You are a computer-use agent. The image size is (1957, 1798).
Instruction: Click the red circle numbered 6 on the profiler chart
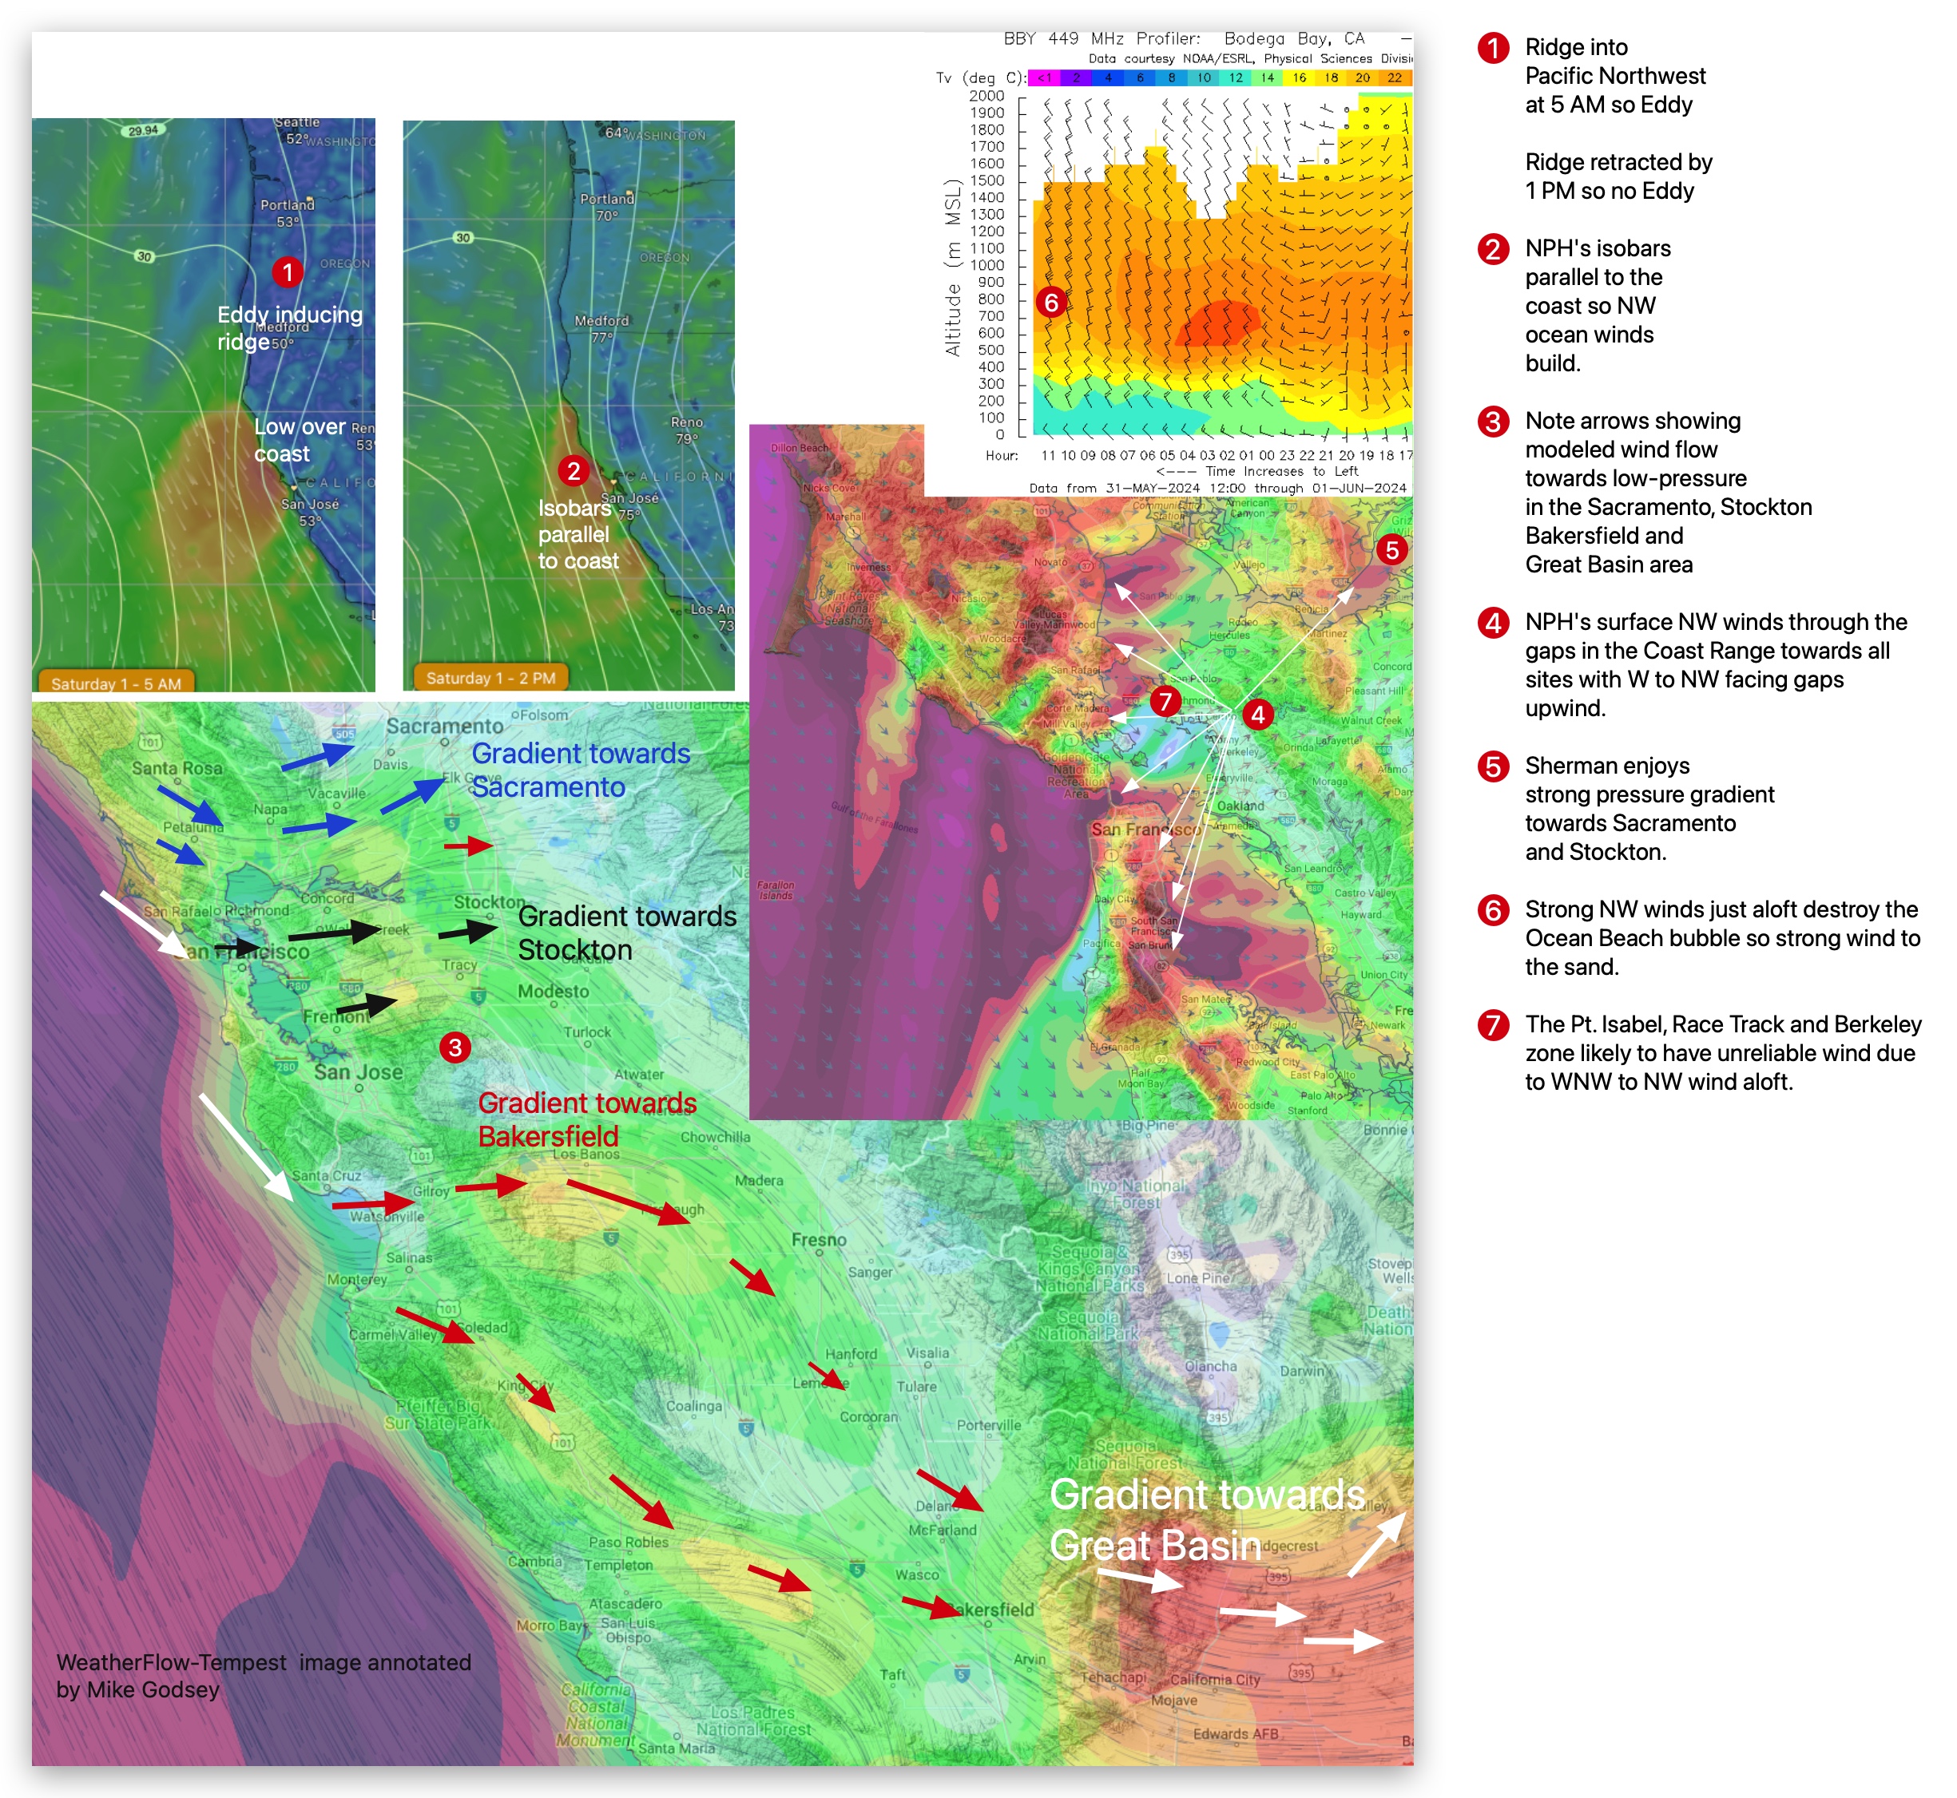(1051, 303)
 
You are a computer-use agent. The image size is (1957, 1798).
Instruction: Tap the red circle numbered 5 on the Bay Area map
(1391, 550)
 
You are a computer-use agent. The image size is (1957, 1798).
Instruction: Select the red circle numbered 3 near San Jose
(455, 1048)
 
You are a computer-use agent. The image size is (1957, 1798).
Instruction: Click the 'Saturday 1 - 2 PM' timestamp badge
(490, 678)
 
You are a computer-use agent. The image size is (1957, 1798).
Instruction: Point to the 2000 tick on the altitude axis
(986, 95)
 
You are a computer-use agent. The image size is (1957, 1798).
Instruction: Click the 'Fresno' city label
(819, 1240)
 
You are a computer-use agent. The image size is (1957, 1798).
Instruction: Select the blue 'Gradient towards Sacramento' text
(580, 770)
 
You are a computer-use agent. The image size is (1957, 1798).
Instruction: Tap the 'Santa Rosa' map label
(177, 767)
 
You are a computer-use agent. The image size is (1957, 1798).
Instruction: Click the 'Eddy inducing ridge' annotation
(289, 327)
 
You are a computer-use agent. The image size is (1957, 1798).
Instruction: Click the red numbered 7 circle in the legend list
(1493, 1024)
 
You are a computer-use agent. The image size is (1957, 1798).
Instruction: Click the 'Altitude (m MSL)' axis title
(953, 267)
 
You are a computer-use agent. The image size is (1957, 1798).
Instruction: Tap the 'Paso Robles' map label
(629, 1543)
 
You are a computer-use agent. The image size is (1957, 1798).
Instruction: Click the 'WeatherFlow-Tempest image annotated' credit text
(263, 1661)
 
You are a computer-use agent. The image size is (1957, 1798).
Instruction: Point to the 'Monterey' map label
(356, 1279)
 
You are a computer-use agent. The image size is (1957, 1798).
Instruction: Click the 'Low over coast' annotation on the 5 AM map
(299, 440)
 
